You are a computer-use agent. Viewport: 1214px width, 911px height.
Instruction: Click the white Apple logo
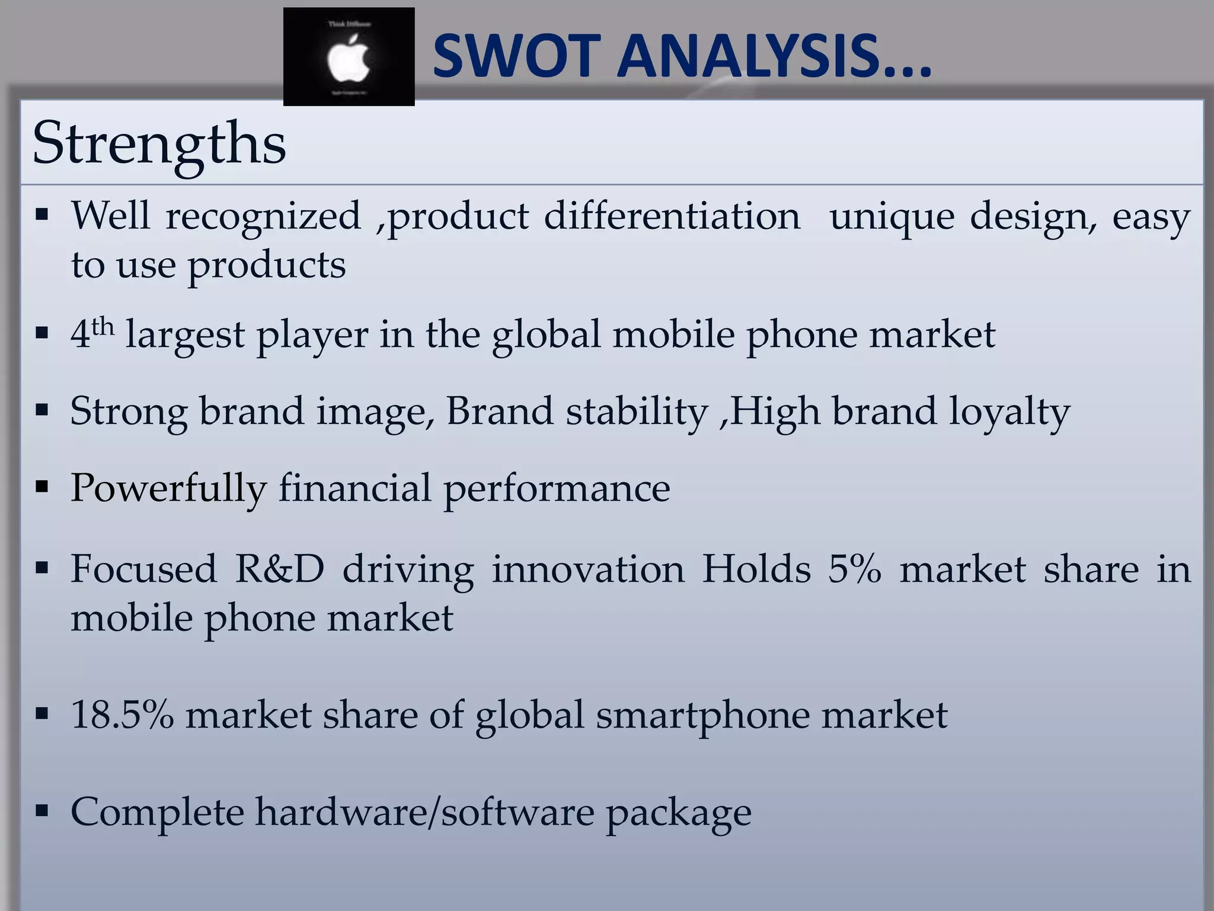click(349, 58)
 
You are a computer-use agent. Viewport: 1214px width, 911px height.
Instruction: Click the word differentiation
click(672, 215)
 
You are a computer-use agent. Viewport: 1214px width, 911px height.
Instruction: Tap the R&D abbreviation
click(280, 569)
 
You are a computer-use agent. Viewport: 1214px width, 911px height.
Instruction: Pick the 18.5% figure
click(122, 715)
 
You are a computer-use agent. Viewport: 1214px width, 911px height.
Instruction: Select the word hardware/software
click(424, 811)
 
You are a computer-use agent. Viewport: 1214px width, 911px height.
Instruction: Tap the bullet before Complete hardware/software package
click(41, 810)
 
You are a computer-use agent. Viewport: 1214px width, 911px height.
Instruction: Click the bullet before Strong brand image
click(41, 409)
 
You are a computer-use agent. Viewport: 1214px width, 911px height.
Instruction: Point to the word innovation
click(588, 569)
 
